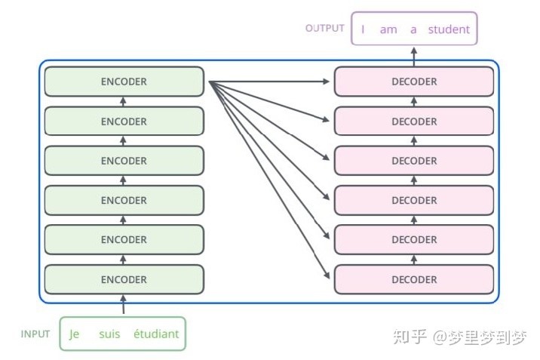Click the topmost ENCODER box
click(x=124, y=82)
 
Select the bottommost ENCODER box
click(x=124, y=279)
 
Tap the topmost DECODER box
click(x=414, y=82)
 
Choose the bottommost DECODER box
click(x=414, y=279)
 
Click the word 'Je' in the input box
click(x=75, y=334)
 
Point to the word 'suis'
click(x=109, y=334)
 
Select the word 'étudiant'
click(x=156, y=334)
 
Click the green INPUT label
click(x=35, y=334)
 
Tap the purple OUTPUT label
click(x=325, y=28)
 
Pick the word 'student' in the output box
click(x=449, y=29)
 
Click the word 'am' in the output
click(x=388, y=29)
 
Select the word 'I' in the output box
click(x=364, y=29)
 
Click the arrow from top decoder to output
click(x=414, y=55)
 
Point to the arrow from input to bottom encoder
click(x=124, y=304)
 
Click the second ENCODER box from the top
click(x=124, y=122)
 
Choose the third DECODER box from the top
click(x=414, y=161)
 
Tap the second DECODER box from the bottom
click(x=414, y=240)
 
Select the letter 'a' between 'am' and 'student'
click(x=413, y=29)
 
